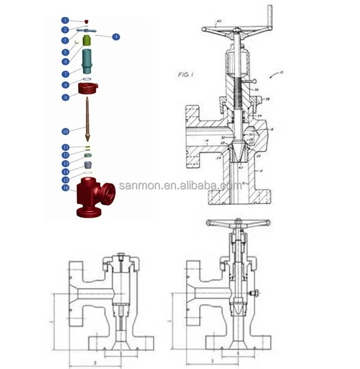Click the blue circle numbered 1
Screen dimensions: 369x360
tap(66, 20)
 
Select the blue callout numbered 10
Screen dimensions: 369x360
tap(66, 131)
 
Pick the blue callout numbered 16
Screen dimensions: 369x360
tap(66, 188)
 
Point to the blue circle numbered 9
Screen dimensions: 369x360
tap(66, 97)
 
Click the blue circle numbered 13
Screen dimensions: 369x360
tap(66, 163)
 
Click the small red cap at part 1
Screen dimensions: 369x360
tap(86, 21)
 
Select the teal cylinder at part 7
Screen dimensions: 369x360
tap(87, 61)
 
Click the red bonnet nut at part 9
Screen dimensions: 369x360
tap(87, 88)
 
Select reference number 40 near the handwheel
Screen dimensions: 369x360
tap(219, 21)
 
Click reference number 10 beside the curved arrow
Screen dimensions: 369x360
tap(282, 72)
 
